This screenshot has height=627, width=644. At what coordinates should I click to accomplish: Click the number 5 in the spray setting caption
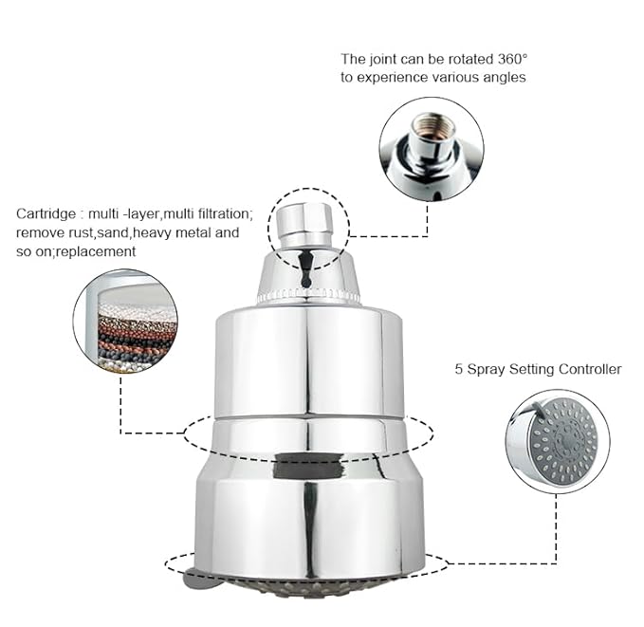(x=459, y=369)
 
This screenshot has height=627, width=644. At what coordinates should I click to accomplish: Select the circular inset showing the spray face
(x=557, y=441)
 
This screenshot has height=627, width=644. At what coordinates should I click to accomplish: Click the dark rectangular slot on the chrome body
(x=308, y=466)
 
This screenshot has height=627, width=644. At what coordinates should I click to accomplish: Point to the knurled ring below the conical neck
(x=308, y=298)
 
